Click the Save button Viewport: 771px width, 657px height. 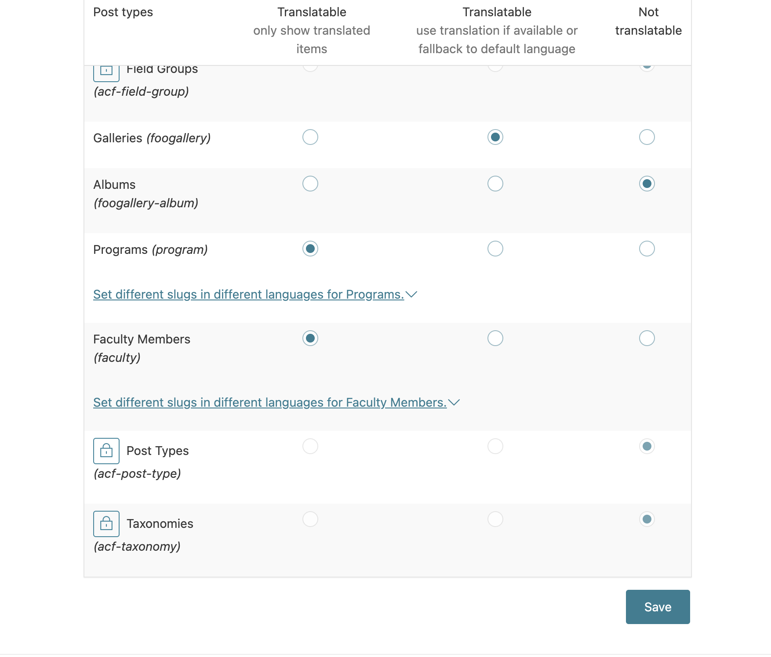658,606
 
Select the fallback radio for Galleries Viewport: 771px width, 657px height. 495,137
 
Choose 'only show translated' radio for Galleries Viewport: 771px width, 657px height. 310,137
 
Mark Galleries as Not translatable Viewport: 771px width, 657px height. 647,137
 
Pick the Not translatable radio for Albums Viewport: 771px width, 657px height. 647,184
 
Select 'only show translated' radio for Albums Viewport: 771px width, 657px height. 310,184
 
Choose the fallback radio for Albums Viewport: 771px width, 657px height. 495,184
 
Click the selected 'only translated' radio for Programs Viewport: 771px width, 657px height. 310,249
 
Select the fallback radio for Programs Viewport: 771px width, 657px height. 495,249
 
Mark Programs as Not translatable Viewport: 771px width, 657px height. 647,249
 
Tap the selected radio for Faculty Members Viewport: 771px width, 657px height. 310,338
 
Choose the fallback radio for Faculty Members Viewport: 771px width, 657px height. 495,338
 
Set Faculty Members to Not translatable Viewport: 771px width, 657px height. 647,338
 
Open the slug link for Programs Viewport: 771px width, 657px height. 248,294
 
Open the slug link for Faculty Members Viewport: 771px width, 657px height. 269,402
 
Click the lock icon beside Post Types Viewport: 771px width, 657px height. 106,451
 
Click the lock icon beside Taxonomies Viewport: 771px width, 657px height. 106,523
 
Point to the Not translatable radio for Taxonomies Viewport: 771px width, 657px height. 647,519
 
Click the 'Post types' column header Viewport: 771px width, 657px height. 123,12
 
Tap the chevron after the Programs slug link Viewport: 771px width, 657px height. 411,294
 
